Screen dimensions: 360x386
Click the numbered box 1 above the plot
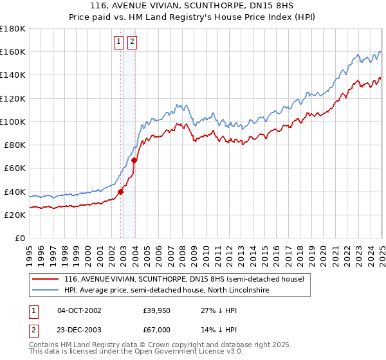(119, 42)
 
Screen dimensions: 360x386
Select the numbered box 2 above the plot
(132, 42)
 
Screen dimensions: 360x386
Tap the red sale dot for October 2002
(120, 191)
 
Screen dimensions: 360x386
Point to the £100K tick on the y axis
(26, 122)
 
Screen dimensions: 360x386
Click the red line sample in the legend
(45, 280)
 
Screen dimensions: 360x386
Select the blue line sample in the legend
(45, 291)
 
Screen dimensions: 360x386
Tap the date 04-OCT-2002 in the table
(79, 310)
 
